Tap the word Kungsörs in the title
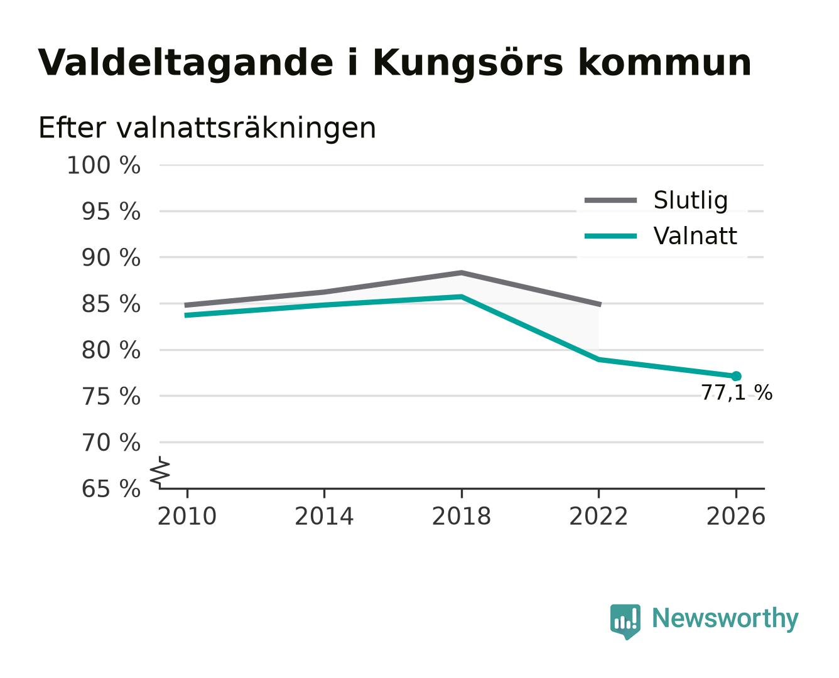point(468,63)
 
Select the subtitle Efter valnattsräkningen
point(207,128)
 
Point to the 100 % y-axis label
point(104,165)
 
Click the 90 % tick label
point(111,258)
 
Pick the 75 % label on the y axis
point(111,396)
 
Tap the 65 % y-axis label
point(111,489)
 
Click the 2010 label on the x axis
point(187,516)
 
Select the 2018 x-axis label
point(461,516)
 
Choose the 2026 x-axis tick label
point(735,516)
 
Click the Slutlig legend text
point(691,200)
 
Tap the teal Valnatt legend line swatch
point(610,236)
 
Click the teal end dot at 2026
point(736,377)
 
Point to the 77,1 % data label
point(737,392)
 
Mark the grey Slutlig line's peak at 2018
point(461,272)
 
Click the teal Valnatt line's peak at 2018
point(461,296)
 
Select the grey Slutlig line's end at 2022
point(599,304)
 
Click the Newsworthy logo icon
point(625,621)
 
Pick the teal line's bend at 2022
point(598,360)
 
